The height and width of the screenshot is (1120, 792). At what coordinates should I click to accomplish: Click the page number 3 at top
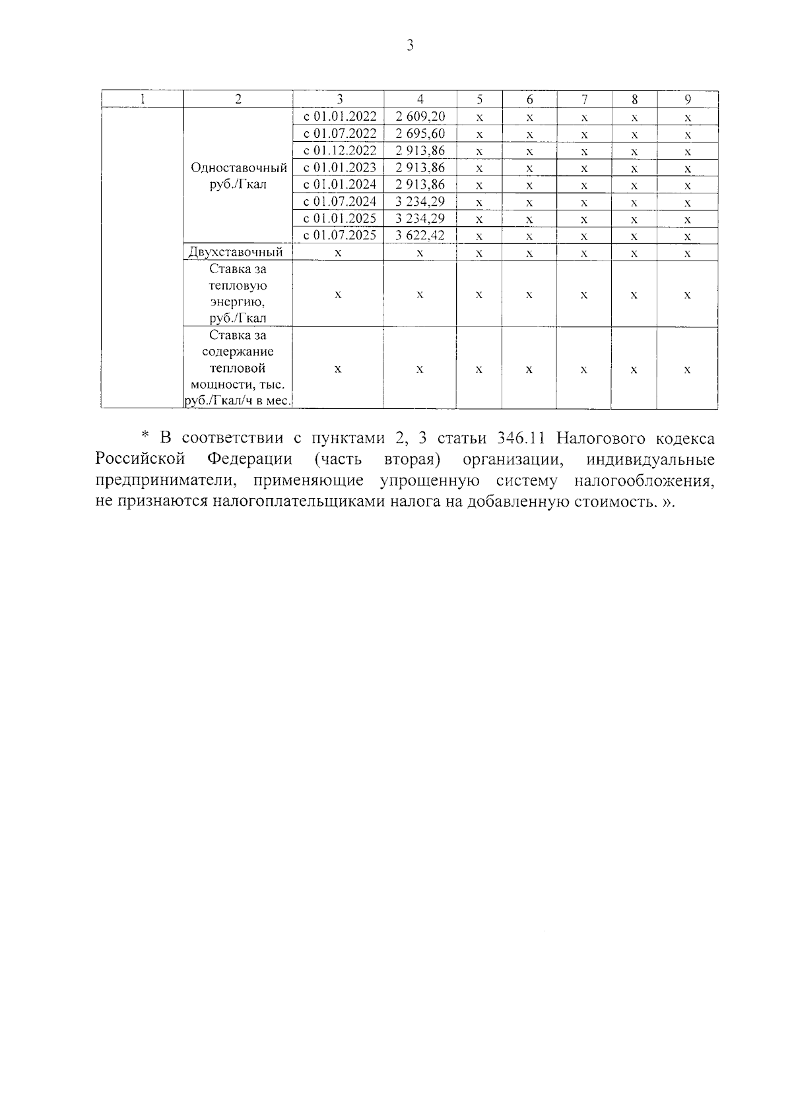pyautogui.click(x=409, y=46)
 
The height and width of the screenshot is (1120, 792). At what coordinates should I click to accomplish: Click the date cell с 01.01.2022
pyautogui.click(x=339, y=117)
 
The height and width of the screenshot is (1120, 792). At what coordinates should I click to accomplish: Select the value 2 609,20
pyautogui.click(x=420, y=117)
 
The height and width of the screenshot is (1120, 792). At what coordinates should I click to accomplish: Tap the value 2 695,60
pyautogui.click(x=420, y=134)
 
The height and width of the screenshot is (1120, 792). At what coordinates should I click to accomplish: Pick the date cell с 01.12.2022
pyautogui.click(x=339, y=151)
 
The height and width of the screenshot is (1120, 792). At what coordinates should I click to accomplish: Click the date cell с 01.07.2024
pyautogui.click(x=339, y=202)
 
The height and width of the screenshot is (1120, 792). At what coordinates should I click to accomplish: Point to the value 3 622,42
pyautogui.click(x=420, y=235)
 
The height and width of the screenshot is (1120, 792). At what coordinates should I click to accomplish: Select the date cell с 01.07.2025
pyautogui.click(x=339, y=235)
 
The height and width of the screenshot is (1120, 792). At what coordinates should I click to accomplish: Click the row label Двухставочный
pyautogui.click(x=236, y=252)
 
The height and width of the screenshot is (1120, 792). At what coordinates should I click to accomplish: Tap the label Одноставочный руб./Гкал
pyautogui.click(x=238, y=176)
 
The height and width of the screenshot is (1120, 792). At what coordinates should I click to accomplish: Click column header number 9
pyautogui.click(x=687, y=100)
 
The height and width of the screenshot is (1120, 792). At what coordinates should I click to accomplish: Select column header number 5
pyautogui.click(x=479, y=100)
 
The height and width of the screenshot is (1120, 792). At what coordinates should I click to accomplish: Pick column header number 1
pyautogui.click(x=142, y=100)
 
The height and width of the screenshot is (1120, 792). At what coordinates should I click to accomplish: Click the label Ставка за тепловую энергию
pyautogui.click(x=238, y=294)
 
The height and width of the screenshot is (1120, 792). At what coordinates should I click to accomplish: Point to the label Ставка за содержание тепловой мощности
pyautogui.click(x=238, y=368)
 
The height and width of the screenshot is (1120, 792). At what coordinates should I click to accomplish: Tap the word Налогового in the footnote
pyautogui.click(x=603, y=439)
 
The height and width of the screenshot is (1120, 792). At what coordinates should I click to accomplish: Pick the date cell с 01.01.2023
pyautogui.click(x=339, y=168)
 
